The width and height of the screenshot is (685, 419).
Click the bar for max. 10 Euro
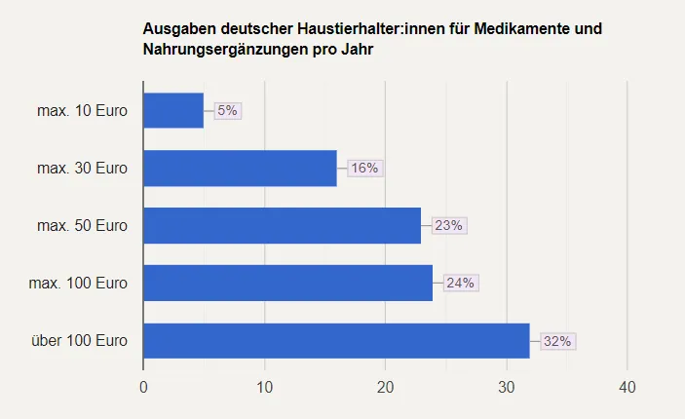(x=173, y=111)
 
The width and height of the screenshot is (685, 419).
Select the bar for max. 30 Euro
(x=240, y=168)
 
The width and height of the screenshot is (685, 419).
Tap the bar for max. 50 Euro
(x=282, y=225)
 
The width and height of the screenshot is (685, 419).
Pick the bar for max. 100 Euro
(x=287, y=283)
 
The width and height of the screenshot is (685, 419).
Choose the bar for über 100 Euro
(x=336, y=341)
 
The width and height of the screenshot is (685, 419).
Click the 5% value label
(x=227, y=111)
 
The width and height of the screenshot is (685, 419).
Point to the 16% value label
(x=364, y=168)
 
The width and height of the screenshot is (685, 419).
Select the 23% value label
(x=449, y=225)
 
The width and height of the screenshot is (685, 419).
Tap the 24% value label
(x=460, y=283)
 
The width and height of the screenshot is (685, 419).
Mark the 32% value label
(x=557, y=341)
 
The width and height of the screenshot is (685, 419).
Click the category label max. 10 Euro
(x=82, y=111)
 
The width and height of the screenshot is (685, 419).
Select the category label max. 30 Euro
(x=82, y=168)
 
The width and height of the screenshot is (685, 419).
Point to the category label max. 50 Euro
(x=82, y=225)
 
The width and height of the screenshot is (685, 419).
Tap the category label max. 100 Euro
(x=78, y=283)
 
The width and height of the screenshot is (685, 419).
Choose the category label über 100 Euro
(x=78, y=341)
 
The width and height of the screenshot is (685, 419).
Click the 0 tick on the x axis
(x=143, y=388)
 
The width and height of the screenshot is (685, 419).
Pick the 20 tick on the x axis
(x=385, y=388)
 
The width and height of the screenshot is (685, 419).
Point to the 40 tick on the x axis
(x=627, y=388)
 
